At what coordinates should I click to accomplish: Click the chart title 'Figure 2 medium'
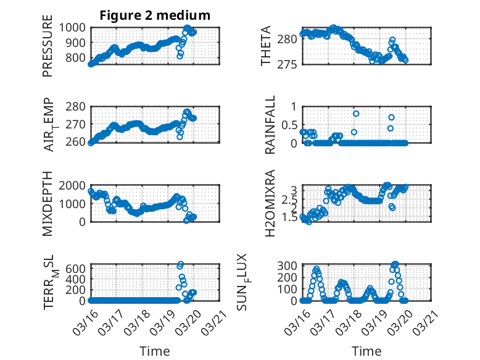point(155,15)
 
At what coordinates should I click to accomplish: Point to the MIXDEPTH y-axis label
point(48,203)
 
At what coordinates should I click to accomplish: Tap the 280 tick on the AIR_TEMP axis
point(78,106)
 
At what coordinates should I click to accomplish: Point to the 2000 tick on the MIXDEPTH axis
point(75,185)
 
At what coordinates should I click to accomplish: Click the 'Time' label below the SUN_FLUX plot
point(366,351)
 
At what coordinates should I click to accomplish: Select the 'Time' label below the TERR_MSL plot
point(155,351)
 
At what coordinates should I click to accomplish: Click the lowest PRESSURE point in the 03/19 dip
point(180,56)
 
